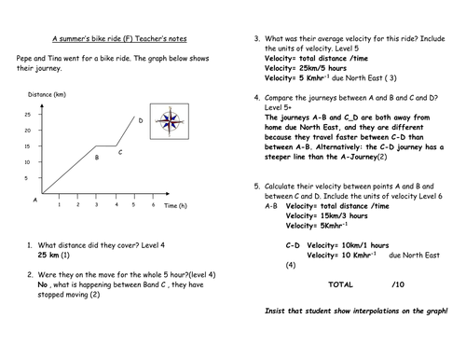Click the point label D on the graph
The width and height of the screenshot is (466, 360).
[x=141, y=120]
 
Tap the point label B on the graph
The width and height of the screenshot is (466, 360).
[x=96, y=158]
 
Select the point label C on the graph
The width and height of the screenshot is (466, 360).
[x=120, y=150]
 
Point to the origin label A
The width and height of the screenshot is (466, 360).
[x=35, y=200]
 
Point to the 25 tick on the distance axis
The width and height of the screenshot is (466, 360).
[x=27, y=114]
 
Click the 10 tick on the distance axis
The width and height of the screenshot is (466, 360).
[x=27, y=162]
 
